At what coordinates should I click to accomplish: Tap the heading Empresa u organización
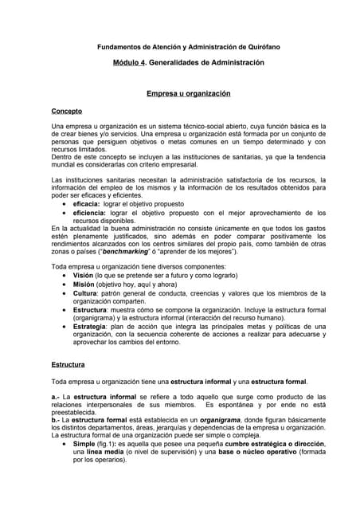tap(188, 93)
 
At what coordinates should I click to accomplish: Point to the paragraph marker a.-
tap(56, 395)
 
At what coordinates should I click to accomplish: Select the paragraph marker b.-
tap(56, 420)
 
